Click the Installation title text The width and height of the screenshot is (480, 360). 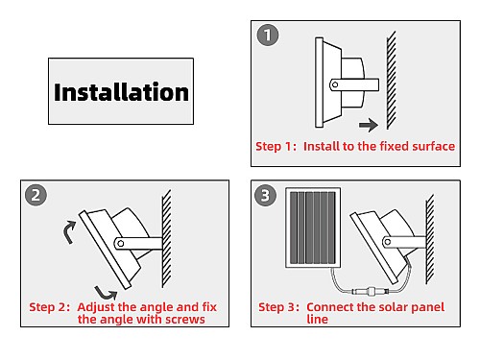121,92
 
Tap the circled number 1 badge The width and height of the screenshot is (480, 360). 268,35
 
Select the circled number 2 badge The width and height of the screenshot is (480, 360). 36,195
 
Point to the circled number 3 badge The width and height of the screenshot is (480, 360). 265,195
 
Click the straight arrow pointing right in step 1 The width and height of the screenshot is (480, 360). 369,125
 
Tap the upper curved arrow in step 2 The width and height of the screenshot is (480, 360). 70,231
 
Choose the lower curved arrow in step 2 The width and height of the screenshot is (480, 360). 107,293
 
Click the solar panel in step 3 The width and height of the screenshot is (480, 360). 313,228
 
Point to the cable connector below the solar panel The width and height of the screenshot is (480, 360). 371,292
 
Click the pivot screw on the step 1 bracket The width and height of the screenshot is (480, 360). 335,84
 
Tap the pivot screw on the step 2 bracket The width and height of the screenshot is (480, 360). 121,244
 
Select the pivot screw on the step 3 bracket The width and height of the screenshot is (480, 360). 387,242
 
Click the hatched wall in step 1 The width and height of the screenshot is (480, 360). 391,81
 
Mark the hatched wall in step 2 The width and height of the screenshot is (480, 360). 166,239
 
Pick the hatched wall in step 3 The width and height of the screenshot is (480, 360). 430,239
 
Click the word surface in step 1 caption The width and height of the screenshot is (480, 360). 434,146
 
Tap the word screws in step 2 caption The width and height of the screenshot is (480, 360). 184,320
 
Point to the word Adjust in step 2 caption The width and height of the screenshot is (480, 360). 96,307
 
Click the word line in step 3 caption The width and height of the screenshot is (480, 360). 317,319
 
